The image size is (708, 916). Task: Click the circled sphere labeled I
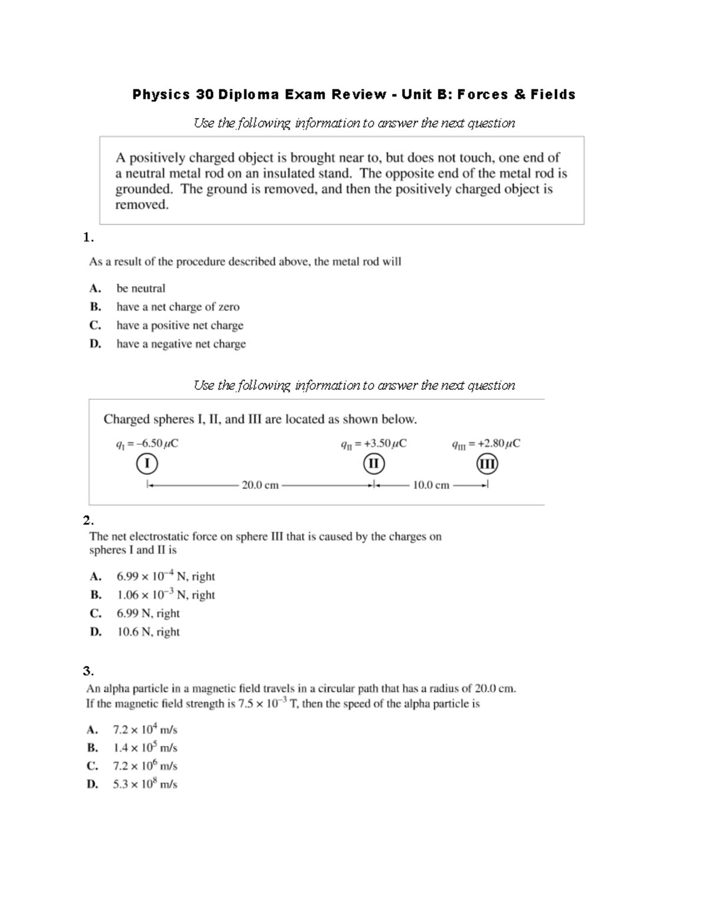click(146, 464)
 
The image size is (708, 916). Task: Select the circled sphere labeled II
click(373, 464)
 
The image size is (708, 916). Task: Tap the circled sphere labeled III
click(487, 464)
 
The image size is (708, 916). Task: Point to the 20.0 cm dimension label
click(260, 485)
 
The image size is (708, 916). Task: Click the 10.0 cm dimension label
click(431, 485)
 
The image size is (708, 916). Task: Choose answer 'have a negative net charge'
click(181, 344)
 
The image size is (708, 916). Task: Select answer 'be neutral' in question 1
click(140, 288)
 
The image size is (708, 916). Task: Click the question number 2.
click(88, 520)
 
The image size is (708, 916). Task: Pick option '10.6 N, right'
click(148, 632)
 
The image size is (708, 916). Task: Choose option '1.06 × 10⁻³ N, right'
click(165, 595)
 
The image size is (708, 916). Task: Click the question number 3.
click(88, 671)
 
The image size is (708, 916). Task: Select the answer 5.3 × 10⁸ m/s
click(145, 784)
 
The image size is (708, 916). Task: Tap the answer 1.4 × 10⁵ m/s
click(145, 748)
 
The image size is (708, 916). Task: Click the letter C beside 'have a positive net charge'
click(94, 326)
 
